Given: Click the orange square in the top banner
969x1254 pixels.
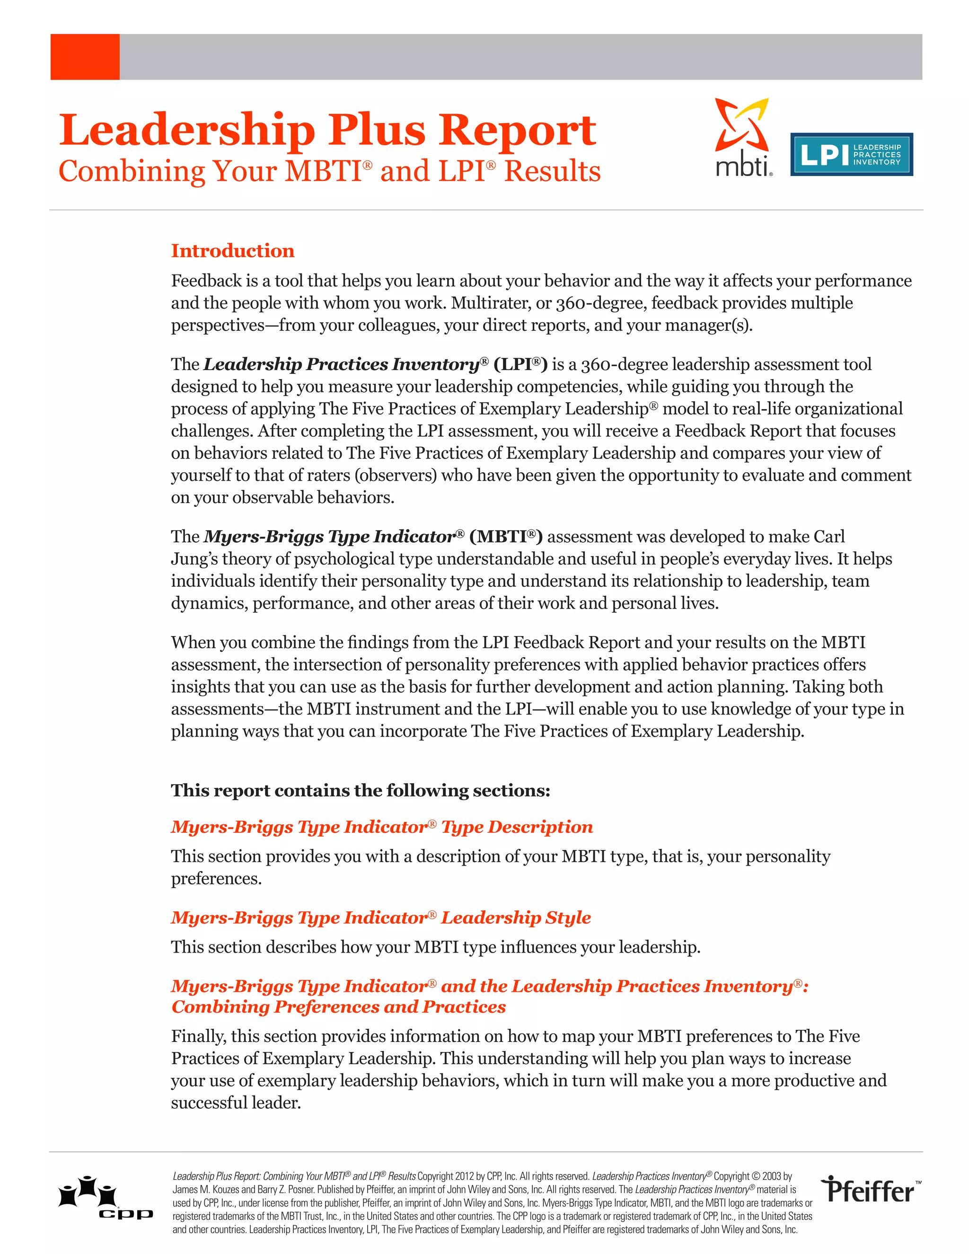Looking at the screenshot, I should (85, 57).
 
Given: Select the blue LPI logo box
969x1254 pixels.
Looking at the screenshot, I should (851, 154).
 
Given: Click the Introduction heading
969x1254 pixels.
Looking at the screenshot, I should (232, 251).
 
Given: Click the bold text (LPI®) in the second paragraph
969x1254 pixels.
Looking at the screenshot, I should (520, 364).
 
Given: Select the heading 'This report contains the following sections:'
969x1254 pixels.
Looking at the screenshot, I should (361, 791).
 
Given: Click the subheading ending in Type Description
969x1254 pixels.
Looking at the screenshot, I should (382, 827).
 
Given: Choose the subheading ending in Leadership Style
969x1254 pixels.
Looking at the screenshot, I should (380, 918).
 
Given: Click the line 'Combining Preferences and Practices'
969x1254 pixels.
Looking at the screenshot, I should (339, 1007).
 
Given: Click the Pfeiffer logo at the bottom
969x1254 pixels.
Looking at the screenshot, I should (870, 1190).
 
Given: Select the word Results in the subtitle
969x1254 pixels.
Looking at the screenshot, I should (552, 172).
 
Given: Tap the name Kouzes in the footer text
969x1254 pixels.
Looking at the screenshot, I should (226, 1190).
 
